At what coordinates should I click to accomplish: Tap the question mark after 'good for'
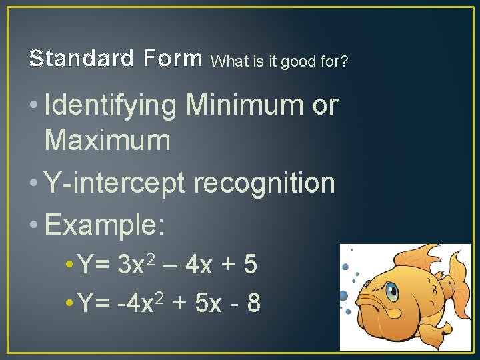344,62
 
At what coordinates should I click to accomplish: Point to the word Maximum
107,141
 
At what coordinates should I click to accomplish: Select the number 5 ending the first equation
250,265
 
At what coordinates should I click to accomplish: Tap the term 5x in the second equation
209,303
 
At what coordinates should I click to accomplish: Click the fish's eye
391,291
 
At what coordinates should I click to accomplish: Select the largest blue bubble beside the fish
344,295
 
